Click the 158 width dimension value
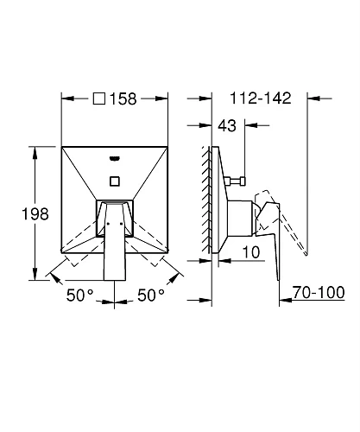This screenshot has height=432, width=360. point(123,98)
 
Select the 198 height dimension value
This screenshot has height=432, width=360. point(35,214)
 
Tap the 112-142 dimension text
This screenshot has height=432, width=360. point(261,98)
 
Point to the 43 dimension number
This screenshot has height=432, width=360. point(227,126)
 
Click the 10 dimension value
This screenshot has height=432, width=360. point(251,252)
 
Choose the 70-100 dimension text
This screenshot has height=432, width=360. point(319,292)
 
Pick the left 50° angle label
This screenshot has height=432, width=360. point(80,295)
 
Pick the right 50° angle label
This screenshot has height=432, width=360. point(151,295)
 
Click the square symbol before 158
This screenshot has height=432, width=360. point(99,98)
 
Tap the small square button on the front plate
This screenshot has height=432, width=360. point(115,181)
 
